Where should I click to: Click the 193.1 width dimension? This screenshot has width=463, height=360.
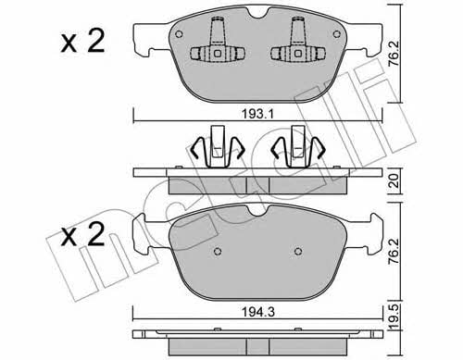[x=257, y=115]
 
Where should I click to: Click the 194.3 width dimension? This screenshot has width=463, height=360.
[x=257, y=312]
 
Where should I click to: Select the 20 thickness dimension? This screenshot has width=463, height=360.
[x=394, y=181]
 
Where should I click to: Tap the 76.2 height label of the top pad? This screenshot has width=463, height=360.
[x=394, y=54]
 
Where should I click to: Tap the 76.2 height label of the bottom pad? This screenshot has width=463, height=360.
[x=394, y=251]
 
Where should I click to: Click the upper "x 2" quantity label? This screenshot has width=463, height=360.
[x=82, y=42]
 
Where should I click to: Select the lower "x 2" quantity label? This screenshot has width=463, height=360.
[x=82, y=235]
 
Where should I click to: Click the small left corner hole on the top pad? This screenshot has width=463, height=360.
[x=179, y=34]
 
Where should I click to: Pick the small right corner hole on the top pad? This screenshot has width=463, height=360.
[x=337, y=34]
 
